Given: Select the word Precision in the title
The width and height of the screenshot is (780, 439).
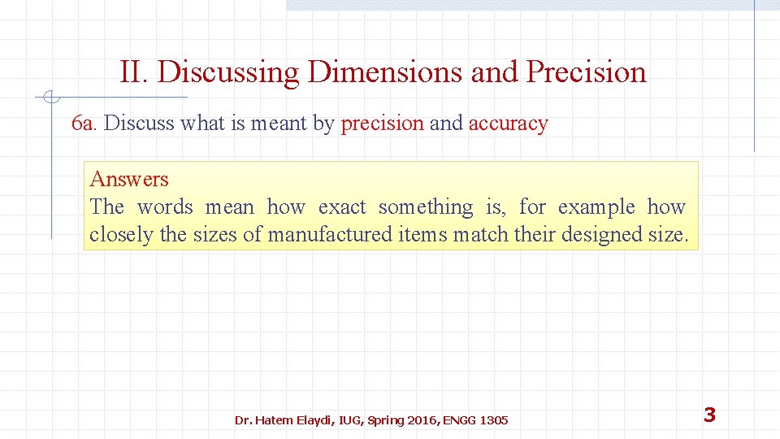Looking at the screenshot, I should tap(586, 72).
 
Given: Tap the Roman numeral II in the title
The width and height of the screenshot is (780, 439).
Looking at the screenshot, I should tap(133, 72).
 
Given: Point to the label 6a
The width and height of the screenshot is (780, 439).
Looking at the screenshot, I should tap(84, 124).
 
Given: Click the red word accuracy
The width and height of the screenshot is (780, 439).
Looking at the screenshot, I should tap(508, 124).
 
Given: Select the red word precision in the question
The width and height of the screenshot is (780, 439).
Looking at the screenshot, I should tap(382, 124).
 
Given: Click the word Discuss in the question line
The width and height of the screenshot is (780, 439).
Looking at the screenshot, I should tap(139, 124).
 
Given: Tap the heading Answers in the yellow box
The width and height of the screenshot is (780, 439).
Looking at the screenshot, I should tap(129, 179).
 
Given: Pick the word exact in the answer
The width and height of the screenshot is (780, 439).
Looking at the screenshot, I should tap(342, 207).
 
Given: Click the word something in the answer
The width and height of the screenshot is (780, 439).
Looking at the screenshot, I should tap(425, 207).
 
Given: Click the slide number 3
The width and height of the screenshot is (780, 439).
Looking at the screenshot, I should tap(709, 415).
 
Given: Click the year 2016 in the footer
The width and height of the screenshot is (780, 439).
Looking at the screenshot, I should tap(421, 420).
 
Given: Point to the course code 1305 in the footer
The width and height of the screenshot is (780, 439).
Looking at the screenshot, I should tap(494, 420).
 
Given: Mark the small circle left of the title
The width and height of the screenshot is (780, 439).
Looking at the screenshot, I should tap(50, 98).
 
